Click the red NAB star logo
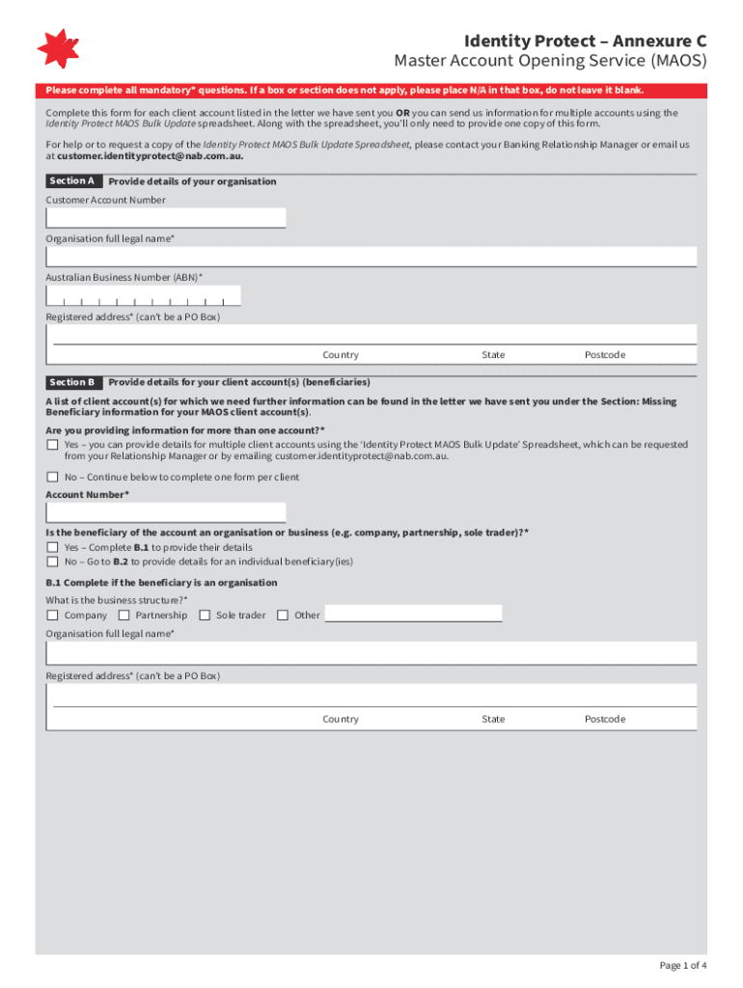pyautogui.click(x=57, y=48)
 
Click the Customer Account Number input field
pyautogui.click(x=166, y=218)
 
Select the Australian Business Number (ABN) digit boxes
pyautogui.click(x=144, y=295)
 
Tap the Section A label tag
pyautogui.click(x=72, y=181)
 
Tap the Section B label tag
pyautogui.click(x=72, y=382)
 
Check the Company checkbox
pyautogui.click(x=52, y=615)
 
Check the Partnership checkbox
pyautogui.click(x=124, y=615)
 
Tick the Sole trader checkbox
pyautogui.click(x=204, y=615)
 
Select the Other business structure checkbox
pyautogui.click(x=283, y=615)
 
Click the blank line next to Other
pyautogui.click(x=413, y=614)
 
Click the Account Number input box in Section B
pyautogui.click(x=166, y=511)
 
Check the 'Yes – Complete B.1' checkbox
pyautogui.click(x=52, y=547)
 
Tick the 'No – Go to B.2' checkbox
pyautogui.click(x=52, y=561)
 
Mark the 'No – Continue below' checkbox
pyautogui.click(x=52, y=477)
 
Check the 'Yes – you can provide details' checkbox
pyautogui.click(x=52, y=445)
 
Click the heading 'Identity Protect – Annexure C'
pyautogui.click(x=585, y=41)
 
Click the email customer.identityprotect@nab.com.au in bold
pyautogui.click(x=150, y=155)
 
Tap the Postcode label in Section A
pyautogui.click(x=605, y=355)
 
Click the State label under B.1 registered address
pyautogui.click(x=493, y=719)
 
